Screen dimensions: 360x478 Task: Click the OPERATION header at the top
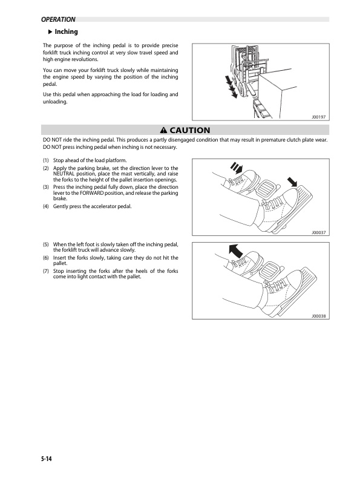pos(58,19)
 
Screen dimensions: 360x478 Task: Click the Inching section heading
pos(66,31)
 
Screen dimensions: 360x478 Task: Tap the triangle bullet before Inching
pos(50,31)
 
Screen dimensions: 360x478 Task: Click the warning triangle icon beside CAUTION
pos(163,130)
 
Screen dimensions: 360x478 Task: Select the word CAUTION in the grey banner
pos(190,130)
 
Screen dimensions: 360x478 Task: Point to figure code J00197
pos(318,117)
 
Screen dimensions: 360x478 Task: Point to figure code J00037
pos(318,232)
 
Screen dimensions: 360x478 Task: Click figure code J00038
pos(318,316)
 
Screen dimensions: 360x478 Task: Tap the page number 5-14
pos(47,459)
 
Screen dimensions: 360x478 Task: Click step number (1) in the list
pos(46,160)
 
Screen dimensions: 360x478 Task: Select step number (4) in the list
pos(46,206)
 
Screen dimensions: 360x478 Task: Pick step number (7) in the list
pos(46,271)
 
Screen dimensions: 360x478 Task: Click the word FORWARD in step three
pos(91,193)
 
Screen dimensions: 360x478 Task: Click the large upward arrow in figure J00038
pos(235,251)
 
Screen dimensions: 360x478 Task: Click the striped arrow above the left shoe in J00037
pos(237,168)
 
